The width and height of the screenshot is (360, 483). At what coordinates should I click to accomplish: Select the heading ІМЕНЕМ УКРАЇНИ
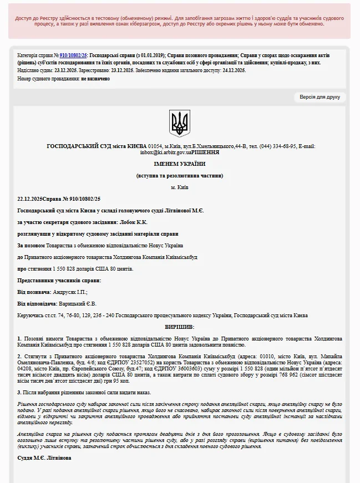point(180,164)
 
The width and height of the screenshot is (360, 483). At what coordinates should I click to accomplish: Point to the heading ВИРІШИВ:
point(180,327)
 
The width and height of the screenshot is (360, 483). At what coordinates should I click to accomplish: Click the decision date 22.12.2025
point(30,199)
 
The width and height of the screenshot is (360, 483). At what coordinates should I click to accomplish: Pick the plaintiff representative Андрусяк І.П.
point(70,292)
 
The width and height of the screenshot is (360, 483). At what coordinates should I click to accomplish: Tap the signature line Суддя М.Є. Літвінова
point(44,458)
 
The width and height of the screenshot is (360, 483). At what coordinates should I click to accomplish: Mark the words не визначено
point(95,79)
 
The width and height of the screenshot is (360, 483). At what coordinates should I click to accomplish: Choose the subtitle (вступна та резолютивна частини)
point(180,175)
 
